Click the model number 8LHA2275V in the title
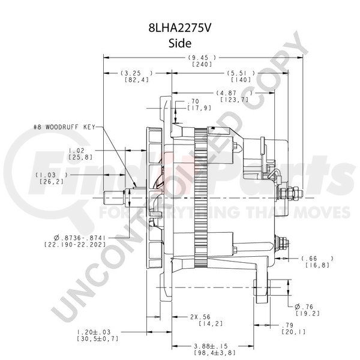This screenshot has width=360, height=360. (179, 28)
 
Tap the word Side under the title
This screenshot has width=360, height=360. (180, 43)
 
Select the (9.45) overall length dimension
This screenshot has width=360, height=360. (202, 58)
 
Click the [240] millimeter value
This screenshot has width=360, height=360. (202, 64)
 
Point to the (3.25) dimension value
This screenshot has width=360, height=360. (136, 73)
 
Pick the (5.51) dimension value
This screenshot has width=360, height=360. (241, 73)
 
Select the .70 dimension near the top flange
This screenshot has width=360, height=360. (193, 101)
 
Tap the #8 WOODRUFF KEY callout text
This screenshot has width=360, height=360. (64, 127)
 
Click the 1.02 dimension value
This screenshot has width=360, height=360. (76, 151)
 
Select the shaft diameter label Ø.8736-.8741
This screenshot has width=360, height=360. (79, 238)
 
